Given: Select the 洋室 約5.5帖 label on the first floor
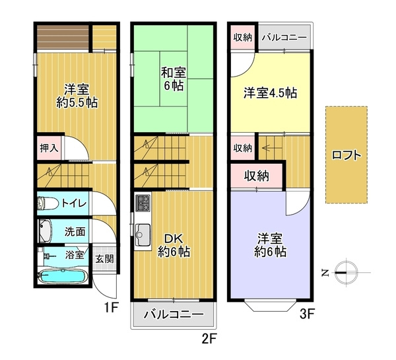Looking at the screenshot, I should pos(77,96).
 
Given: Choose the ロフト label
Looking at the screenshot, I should pos(346,156).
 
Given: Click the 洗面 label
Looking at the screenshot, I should pos(75,232).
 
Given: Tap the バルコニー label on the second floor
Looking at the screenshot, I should pos(174,314).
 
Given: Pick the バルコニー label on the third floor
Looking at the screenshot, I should pos(283,37).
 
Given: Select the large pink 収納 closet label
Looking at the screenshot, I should pos(257,176).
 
